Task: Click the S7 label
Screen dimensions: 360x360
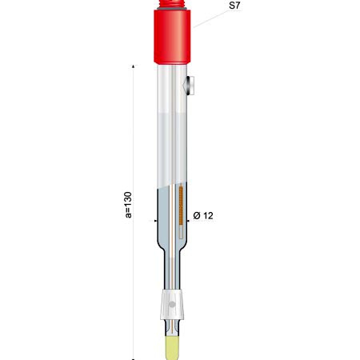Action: (x=234, y=6)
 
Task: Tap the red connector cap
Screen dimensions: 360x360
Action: (x=172, y=37)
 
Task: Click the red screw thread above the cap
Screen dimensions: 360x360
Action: (x=172, y=4)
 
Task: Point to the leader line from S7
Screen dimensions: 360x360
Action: (x=210, y=19)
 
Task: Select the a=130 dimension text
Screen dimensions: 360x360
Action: (x=128, y=205)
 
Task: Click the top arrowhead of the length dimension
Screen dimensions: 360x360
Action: (x=134, y=66)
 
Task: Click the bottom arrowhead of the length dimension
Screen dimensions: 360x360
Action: (x=134, y=358)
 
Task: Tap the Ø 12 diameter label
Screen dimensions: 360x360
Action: (x=203, y=215)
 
